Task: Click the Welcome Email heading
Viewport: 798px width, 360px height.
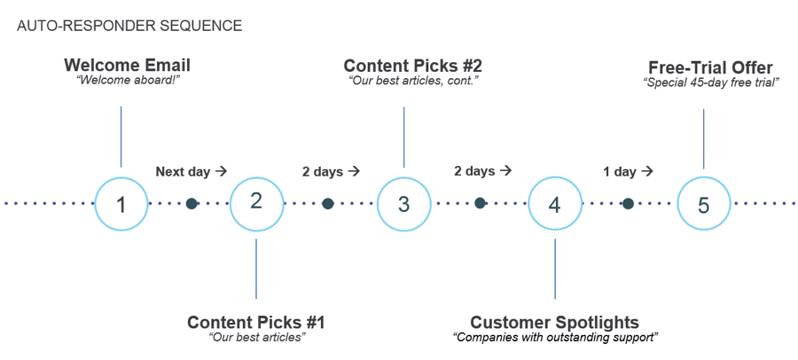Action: [x=127, y=66]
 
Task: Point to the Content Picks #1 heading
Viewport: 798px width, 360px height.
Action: [x=256, y=323]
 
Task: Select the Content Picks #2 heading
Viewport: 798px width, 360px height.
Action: [x=412, y=66]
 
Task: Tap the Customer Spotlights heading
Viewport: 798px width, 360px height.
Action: [x=555, y=323]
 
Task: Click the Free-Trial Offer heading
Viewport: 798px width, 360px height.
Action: [x=711, y=67]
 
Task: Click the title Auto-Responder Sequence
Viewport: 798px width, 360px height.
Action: [x=129, y=26]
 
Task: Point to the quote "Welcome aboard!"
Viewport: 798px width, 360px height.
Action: [x=127, y=81]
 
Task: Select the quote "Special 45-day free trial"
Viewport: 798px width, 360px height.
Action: [x=711, y=83]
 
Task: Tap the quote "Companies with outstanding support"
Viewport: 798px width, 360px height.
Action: [x=556, y=338]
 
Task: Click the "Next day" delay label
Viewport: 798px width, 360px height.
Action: [x=183, y=172]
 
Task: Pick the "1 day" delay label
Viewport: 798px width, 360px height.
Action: [x=620, y=172]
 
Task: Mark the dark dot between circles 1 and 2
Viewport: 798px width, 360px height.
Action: [x=192, y=204]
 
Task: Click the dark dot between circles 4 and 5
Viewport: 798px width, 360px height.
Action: [x=628, y=204]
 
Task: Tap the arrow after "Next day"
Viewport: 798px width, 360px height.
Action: [x=221, y=172]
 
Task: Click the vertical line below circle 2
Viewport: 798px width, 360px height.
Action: [x=256, y=269]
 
